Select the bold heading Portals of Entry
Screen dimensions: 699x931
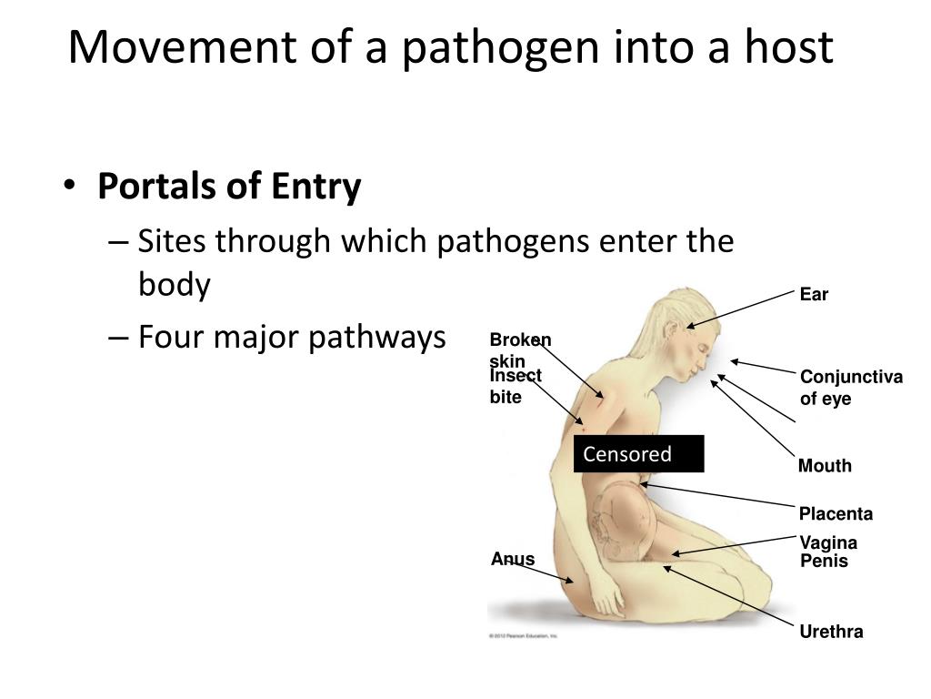(x=229, y=187)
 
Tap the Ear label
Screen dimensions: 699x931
(x=814, y=295)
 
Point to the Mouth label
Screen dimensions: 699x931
(x=825, y=466)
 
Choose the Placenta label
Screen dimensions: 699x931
(x=836, y=514)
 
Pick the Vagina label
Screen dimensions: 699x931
(x=828, y=543)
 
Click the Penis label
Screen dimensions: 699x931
(x=824, y=562)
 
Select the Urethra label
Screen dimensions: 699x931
(x=831, y=632)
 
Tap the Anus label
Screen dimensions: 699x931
(x=513, y=559)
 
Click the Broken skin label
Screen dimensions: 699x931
(x=520, y=349)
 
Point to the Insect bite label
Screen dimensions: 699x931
(x=515, y=386)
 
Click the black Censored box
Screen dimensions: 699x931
(x=638, y=454)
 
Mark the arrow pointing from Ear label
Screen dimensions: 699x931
(x=740, y=309)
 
